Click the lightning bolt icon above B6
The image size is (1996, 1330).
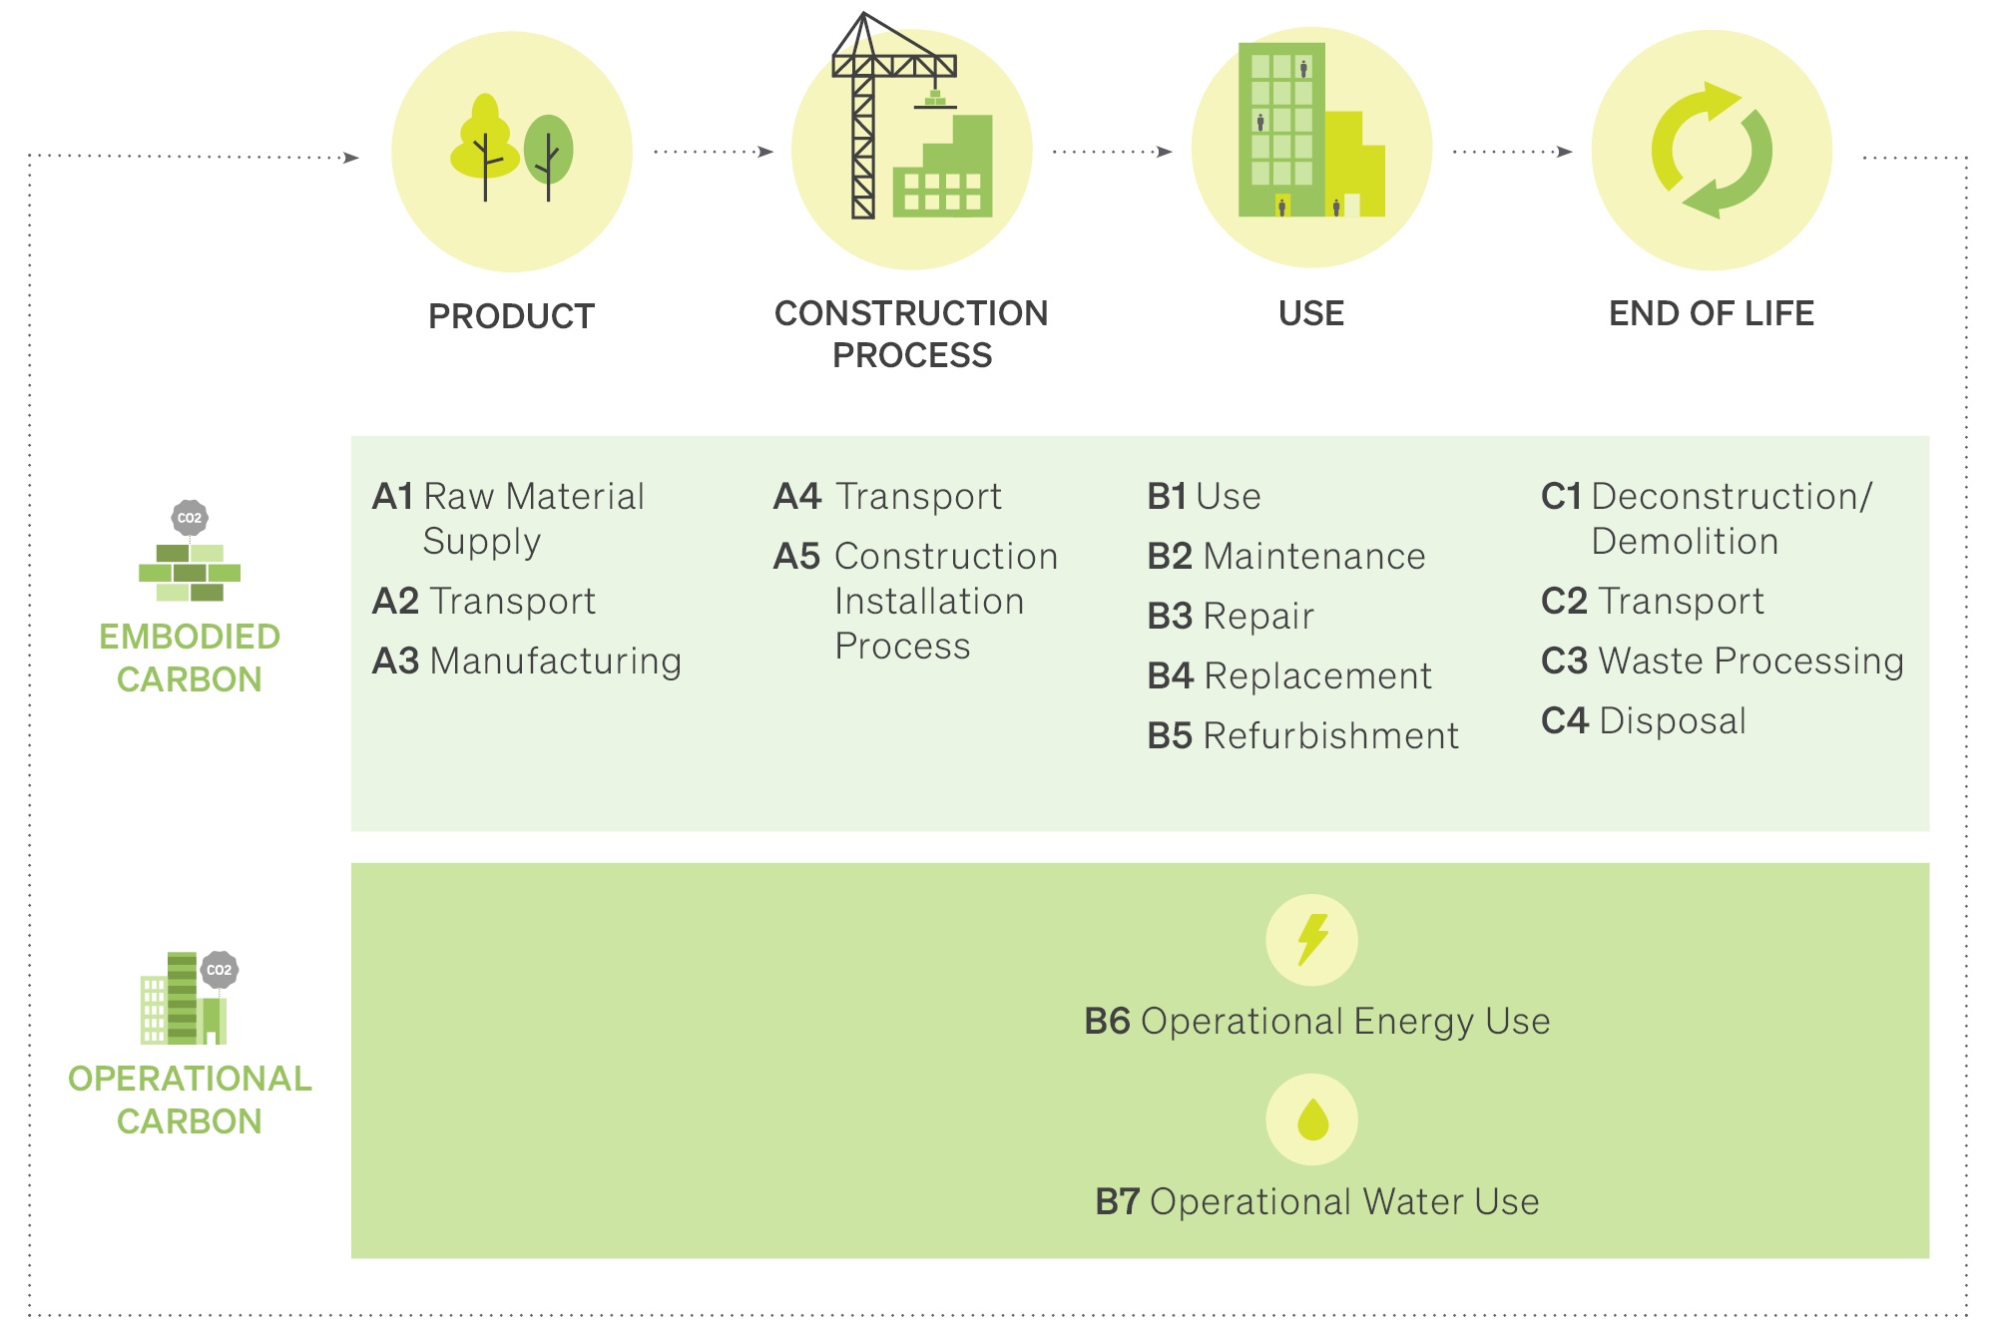tap(1311, 940)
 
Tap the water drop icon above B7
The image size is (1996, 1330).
tap(1311, 1119)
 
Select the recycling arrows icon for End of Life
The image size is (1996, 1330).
tap(1711, 151)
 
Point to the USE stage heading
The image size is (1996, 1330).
tap(1311, 313)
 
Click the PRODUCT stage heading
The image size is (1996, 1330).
tap(511, 316)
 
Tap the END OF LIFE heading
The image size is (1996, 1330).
tap(1711, 313)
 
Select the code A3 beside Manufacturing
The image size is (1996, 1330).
tap(395, 661)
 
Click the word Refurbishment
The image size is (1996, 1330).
tap(1330, 735)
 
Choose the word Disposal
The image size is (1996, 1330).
tap(1672, 720)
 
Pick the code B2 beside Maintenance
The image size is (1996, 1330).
tap(1170, 556)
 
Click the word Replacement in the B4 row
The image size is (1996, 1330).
tap(1317, 675)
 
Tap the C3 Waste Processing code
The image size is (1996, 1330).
tap(1564, 661)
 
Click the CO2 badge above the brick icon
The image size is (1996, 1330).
tap(190, 518)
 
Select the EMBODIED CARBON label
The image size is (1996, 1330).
tap(190, 658)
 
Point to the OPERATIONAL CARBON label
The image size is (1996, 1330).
tap(190, 1100)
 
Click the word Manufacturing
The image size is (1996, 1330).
tap(555, 661)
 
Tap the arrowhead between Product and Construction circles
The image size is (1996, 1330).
tap(765, 152)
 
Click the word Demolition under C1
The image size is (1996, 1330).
tap(1685, 541)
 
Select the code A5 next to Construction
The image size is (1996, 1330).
tap(796, 556)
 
